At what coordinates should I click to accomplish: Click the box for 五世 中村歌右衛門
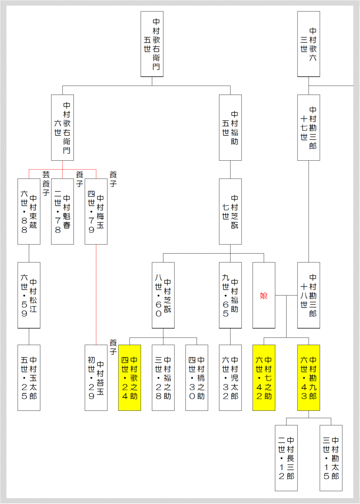pyautogui.click(x=152, y=44)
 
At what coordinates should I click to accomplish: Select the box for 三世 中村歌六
pyautogui.click(x=309, y=44)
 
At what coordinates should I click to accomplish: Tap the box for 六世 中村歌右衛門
pyautogui.click(x=63, y=127)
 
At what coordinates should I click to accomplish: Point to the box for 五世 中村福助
pyautogui.click(x=230, y=127)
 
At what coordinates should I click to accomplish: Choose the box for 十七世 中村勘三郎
pyautogui.click(x=309, y=127)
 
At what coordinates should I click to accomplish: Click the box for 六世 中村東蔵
pyautogui.click(x=29, y=211)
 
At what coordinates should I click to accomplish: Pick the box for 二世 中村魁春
pyautogui.click(x=63, y=211)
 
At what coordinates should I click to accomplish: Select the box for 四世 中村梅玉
pyautogui.click(x=96, y=211)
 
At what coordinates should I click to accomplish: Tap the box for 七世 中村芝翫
pyautogui.click(x=230, y=211)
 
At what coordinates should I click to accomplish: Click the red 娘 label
pyautogui.click(x=264, y=295)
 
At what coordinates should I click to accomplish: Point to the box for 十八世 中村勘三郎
pyautogui.click(x=309, y=295)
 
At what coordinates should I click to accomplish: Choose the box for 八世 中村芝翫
pyautogui.click(x=163, y=295)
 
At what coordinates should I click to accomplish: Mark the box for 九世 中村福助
pyautogui.click(x=230, y=295)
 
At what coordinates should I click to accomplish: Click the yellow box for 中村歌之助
pyautogui.click(x=130, y=378)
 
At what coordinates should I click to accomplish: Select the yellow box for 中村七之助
pyautogui.click(x=264, y=378)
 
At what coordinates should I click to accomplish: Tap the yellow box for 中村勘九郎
pyautogui.click(x=309, y=378)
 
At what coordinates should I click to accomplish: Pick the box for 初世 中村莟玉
pyautogui.click(x=96, y=378)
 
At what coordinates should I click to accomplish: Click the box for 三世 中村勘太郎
pyautogui.click(x=331, y=458)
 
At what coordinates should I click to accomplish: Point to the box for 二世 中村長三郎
pyautogui.click(x=286, y=458)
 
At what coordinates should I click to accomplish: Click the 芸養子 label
pyautogui.click(x=46, y=183)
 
